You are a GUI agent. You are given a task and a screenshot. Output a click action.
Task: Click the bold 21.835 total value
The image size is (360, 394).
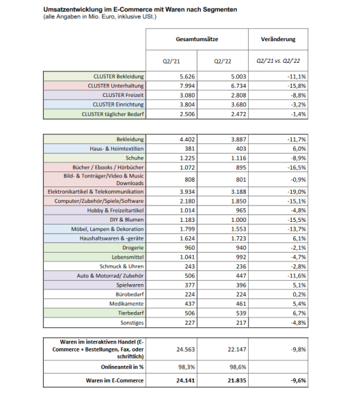223,380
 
